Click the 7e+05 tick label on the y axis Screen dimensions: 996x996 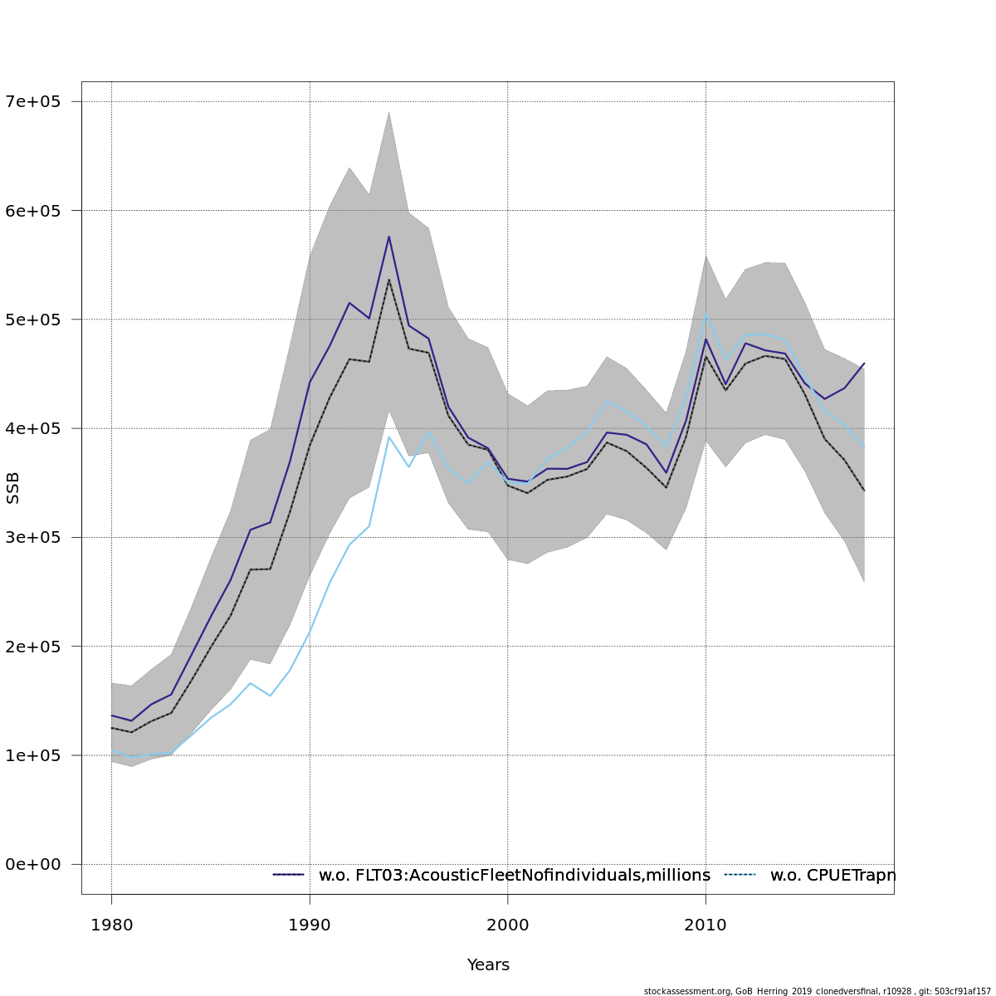33,102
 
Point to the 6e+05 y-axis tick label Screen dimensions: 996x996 33,211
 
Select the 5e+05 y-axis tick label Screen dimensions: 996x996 33,320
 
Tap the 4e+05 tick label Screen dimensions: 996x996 33,428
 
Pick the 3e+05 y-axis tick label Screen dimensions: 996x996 33,538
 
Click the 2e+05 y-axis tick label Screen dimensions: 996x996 33,647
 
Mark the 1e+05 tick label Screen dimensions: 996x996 33,755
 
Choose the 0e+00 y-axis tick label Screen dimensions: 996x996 33,865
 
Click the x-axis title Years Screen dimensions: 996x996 488,965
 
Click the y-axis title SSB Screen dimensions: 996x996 12,488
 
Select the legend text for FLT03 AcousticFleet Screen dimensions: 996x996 515,876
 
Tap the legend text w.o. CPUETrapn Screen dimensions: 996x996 832,876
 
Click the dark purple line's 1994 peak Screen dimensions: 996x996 388,237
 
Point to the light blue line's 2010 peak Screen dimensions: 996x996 705,315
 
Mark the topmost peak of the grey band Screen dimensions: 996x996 388,111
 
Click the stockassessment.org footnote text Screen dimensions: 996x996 817,991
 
